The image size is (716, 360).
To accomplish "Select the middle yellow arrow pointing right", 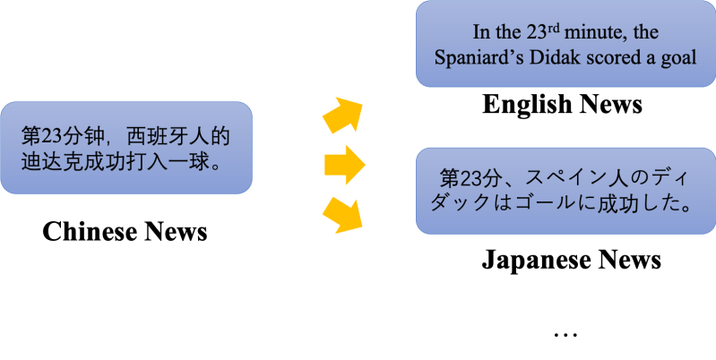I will click(345, 164).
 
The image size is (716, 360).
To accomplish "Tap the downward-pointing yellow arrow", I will click(344, 213).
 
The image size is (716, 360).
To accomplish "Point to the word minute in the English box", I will click(592, 33).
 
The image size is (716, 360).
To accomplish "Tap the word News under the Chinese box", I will click(176, 232).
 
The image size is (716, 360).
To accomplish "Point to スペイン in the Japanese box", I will click(557, 176).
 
